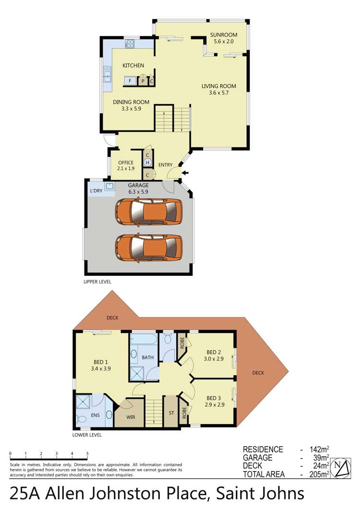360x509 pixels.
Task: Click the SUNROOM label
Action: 224,35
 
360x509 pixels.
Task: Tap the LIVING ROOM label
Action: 218,86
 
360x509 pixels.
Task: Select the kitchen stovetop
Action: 130,44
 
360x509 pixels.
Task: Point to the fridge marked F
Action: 130,81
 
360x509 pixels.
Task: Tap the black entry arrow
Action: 185,173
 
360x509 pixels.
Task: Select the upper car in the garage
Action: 149,213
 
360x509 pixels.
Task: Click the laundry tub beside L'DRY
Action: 109,187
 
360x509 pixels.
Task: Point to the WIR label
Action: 130,417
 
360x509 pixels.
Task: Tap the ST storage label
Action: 171,412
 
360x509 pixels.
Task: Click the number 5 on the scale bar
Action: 87,453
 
